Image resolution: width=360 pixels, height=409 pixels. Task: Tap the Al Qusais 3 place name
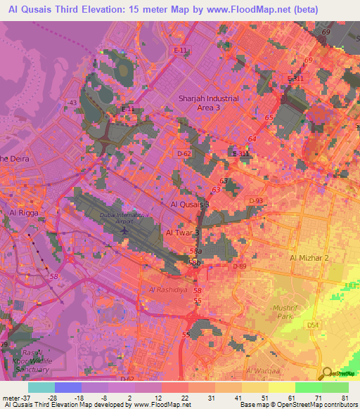pos(190,204)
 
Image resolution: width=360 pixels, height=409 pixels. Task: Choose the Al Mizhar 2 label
pos(309,258)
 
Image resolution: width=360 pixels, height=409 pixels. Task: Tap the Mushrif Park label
pos(286,312)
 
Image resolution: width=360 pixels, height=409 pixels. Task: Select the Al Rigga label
pos(22,212)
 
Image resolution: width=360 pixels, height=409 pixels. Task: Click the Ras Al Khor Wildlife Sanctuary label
pos(27,361)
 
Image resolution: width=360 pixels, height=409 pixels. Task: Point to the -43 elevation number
pos(71,103)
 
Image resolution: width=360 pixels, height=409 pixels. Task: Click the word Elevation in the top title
pos(98,10)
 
